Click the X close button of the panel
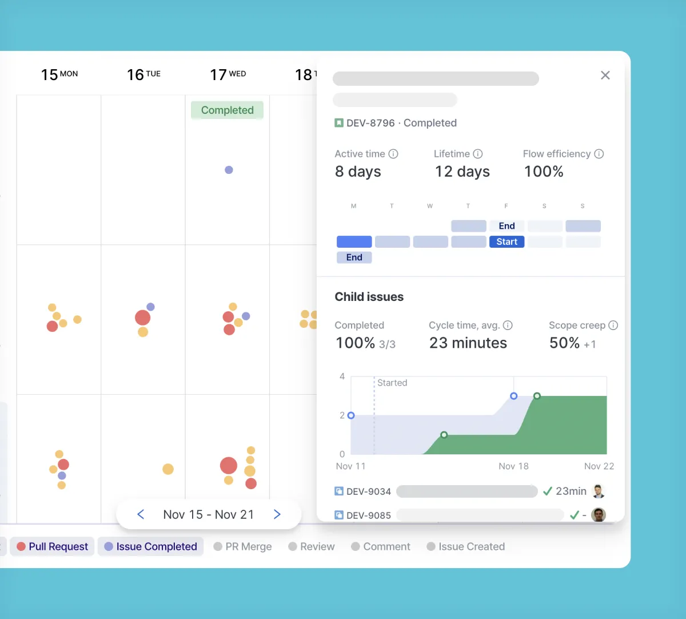pos(605,76)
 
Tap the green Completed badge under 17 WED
pos(227,110)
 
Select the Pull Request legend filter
pos(53,546)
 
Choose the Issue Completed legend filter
pos(150,546)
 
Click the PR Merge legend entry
pos(242,546)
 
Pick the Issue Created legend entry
pos(465,546)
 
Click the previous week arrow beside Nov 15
pos(141,514)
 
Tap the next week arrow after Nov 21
pos(277,514)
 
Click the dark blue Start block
pos(506,242)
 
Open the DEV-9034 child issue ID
pos(368,491)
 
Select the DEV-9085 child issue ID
pos(368,515)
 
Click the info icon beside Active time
pos(393,154)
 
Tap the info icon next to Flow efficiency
pos(599,154)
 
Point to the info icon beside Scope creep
pos(613,326)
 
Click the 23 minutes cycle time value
pos(468,343)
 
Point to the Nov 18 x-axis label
pos(513,466)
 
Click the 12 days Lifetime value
pos(462,172)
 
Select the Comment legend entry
pos(381,546)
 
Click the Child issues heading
pos(369,297)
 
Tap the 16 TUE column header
pos(143,74)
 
